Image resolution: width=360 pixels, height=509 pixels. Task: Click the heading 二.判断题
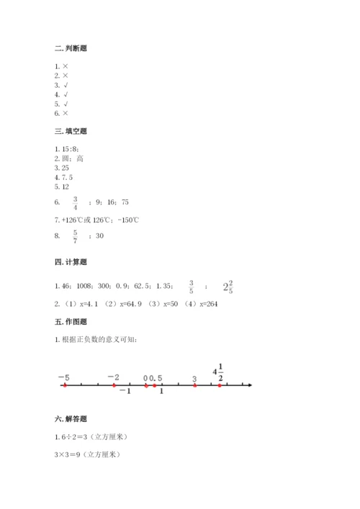click(71, 48)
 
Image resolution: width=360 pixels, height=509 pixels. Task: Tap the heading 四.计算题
click(71, 263)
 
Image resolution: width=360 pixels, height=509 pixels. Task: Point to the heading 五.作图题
click(71, 322)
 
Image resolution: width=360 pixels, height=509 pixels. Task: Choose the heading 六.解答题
click(71, 419)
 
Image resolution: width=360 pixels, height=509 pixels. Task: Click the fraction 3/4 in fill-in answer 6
click(75, 203)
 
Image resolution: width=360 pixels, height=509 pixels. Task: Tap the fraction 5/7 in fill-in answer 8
click(75, 235)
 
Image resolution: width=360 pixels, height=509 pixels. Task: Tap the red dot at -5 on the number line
click(65, 385)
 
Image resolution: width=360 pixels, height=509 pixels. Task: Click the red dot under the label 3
click(195, 385)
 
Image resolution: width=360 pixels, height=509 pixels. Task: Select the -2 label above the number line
click(113, 377)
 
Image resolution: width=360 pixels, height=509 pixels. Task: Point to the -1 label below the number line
click(124, 392)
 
